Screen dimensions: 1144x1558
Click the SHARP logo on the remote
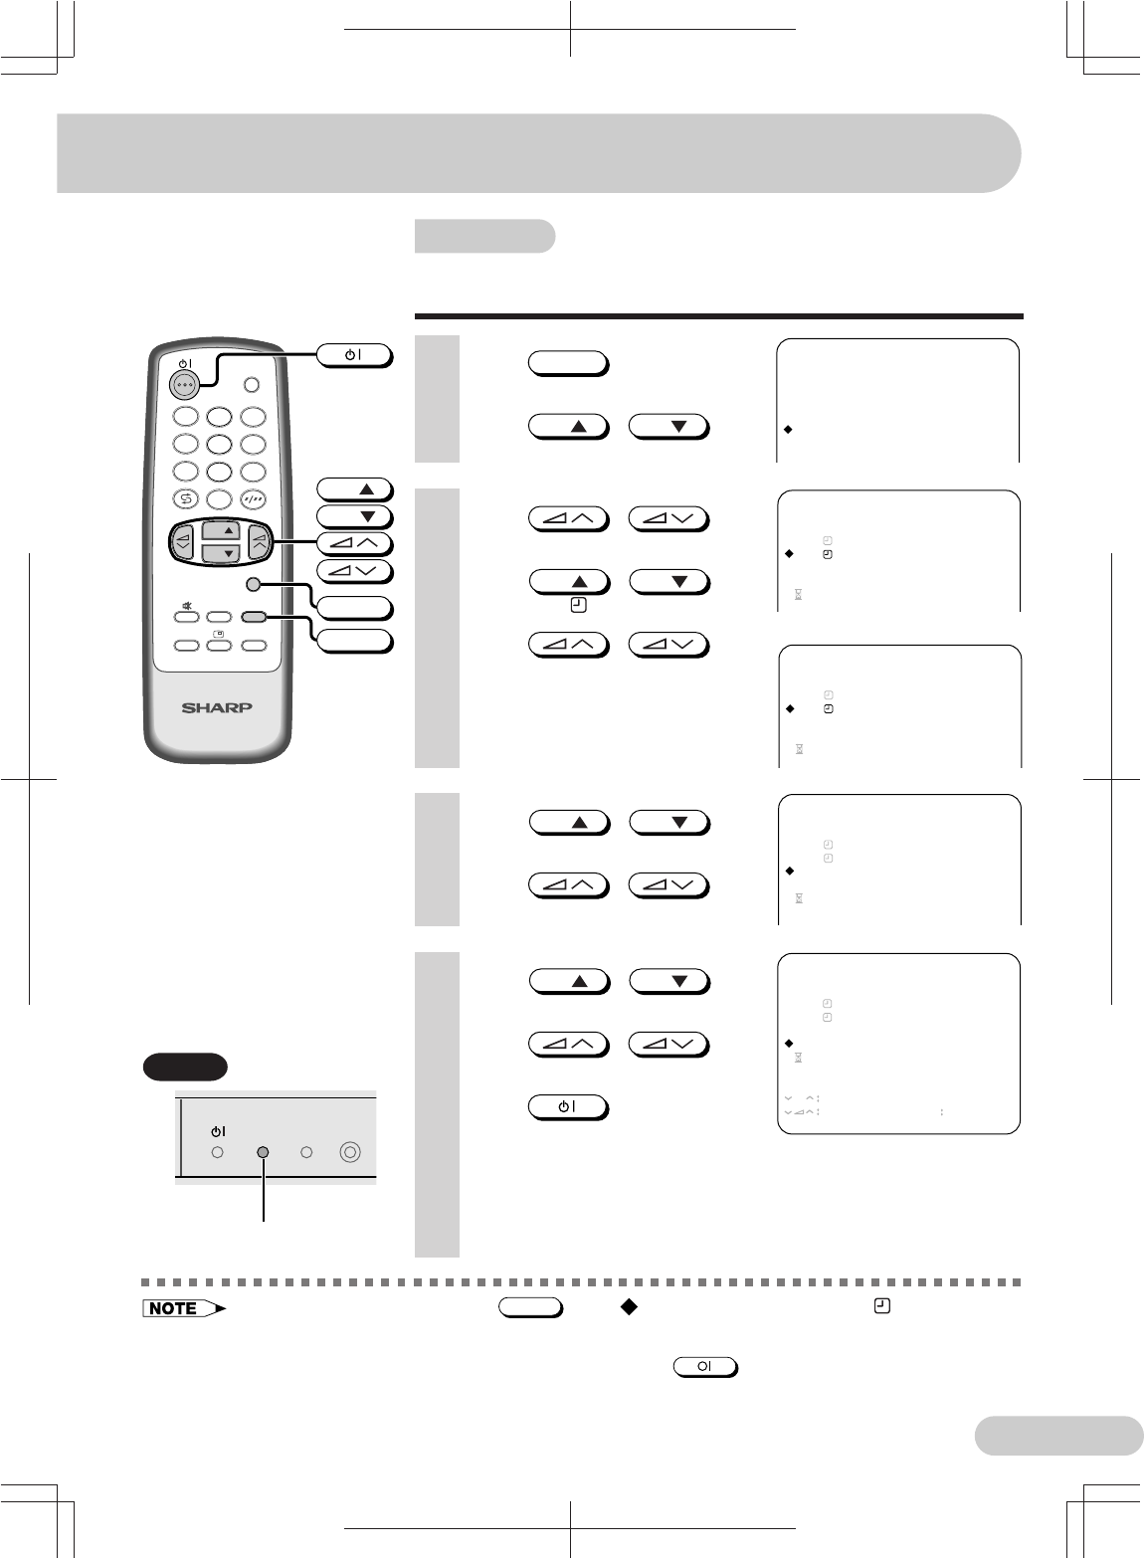coord(217,708)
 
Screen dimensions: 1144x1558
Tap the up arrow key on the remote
coord(229,530)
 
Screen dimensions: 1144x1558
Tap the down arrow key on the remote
coord(229,553)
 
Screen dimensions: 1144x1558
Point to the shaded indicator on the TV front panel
coord(263,1152)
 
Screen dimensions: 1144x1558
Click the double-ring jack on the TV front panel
coord(348,1152)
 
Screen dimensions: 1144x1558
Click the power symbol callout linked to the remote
coord(354,354)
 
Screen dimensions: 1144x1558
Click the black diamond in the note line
coord(627,1307)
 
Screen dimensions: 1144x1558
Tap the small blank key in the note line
coord(530,1308)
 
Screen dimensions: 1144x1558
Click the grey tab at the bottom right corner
coord(1059,1436)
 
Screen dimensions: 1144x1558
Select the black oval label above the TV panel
coord(184,1067)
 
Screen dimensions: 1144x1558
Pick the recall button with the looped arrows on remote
coord(186,499)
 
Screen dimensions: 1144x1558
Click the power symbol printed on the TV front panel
coord(218,1131)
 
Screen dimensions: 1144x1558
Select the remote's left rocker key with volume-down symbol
coord(184,542)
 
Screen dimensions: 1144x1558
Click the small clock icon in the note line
coord(880,1307)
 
